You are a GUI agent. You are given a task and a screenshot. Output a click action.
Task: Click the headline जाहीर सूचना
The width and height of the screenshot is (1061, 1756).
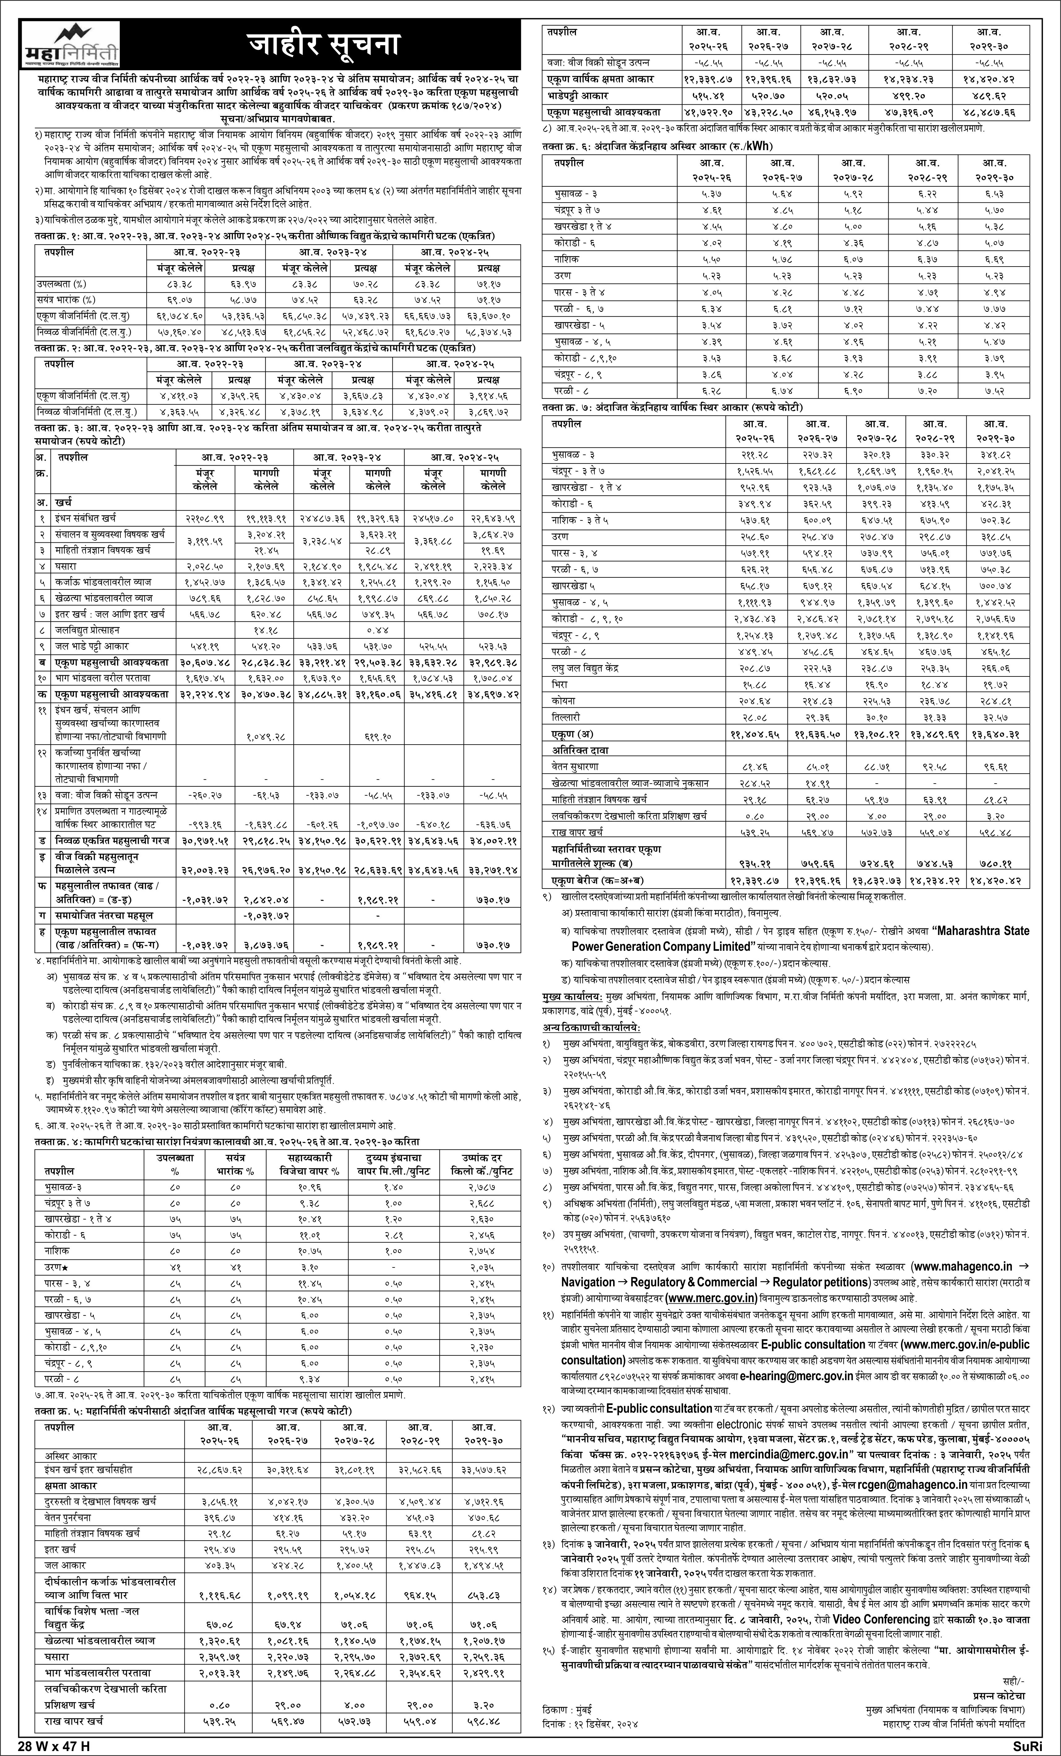click(x=323, y=44)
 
